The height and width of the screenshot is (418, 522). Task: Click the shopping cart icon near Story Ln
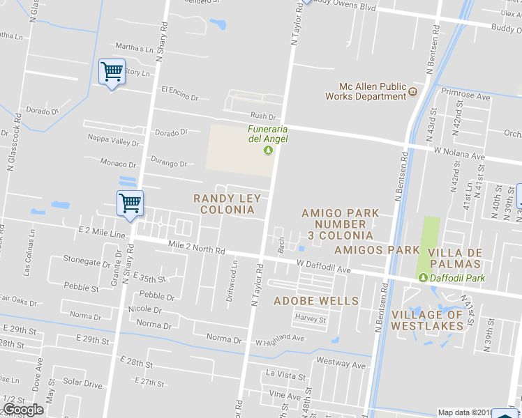coord(112,71)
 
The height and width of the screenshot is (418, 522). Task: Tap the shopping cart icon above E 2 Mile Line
coord(130,203)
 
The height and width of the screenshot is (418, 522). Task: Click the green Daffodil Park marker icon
coord(423,278)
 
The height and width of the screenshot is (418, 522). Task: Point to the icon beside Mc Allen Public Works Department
coord(413,91)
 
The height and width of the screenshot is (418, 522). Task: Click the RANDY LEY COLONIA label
coord(226,204)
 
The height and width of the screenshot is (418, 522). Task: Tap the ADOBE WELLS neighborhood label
coord(316,301)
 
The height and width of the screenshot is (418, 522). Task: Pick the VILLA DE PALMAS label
coord(454,258)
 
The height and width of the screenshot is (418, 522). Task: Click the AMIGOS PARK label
coord(377,249)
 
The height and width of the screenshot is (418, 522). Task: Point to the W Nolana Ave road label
coord(458,153)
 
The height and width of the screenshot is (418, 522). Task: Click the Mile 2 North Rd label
coord(197,247)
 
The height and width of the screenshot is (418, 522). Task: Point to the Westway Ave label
coord(341,364)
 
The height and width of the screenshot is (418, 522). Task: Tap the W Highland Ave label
coord(280,339)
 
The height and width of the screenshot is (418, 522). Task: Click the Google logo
coord(22,410)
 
